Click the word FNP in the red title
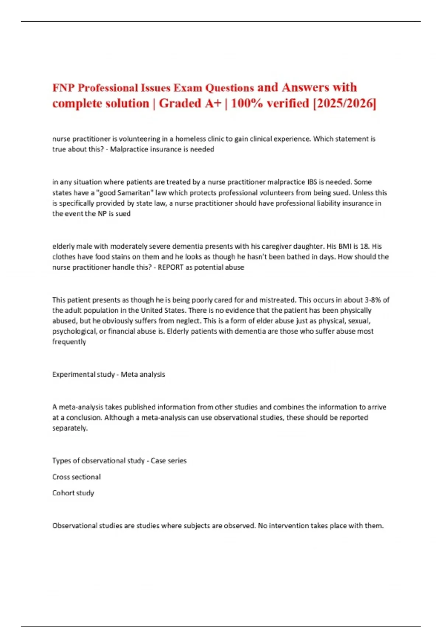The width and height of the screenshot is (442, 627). [x=63, y=88]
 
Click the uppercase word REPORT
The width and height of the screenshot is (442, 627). [x=171, y=267]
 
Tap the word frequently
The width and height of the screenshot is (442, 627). [x=69, y=342]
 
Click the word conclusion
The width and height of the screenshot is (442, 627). [x=84, y=418]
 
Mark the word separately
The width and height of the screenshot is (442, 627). [x=70, y=428]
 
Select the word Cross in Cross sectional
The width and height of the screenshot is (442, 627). [x=60, y=477]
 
